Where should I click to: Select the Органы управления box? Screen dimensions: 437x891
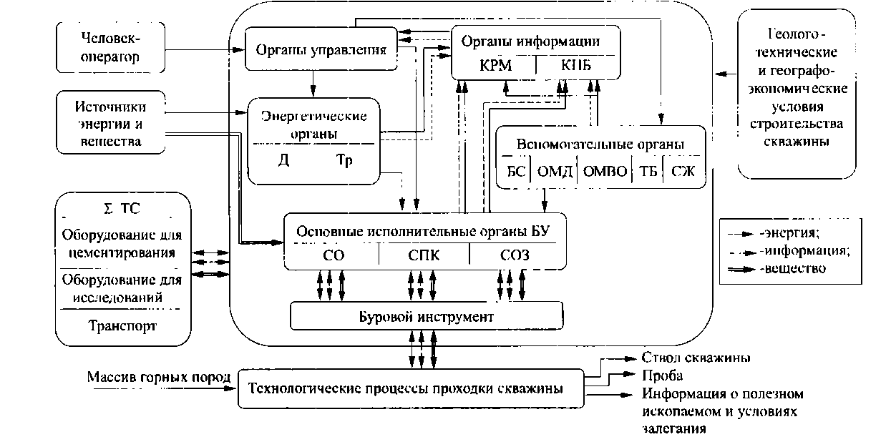pos(321,50)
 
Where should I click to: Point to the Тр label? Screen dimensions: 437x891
pos(345,159)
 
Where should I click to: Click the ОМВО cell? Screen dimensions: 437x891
pos(605,172)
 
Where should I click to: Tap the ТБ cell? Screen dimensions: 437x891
pos(648,172)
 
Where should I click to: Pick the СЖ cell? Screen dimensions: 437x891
pos(683,172)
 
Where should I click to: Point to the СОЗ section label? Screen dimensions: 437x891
pos(515,256)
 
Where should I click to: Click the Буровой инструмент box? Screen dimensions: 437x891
pos(426,315)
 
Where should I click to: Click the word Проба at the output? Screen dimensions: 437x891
pos(658,375)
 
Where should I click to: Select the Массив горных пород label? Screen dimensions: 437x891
pos(158,377)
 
